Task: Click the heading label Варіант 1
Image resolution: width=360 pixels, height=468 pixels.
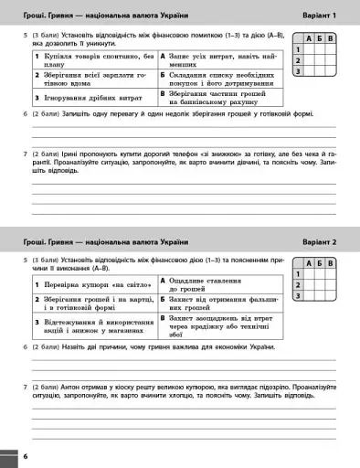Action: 319,16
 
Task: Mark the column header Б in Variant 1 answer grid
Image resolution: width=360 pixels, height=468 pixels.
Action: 319,38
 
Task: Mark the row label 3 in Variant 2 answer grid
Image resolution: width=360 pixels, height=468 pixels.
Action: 297,296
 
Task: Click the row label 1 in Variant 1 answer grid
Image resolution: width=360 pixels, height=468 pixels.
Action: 297,49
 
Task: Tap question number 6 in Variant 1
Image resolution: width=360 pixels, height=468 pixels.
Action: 26,114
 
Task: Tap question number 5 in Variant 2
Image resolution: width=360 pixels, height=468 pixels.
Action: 26,261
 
